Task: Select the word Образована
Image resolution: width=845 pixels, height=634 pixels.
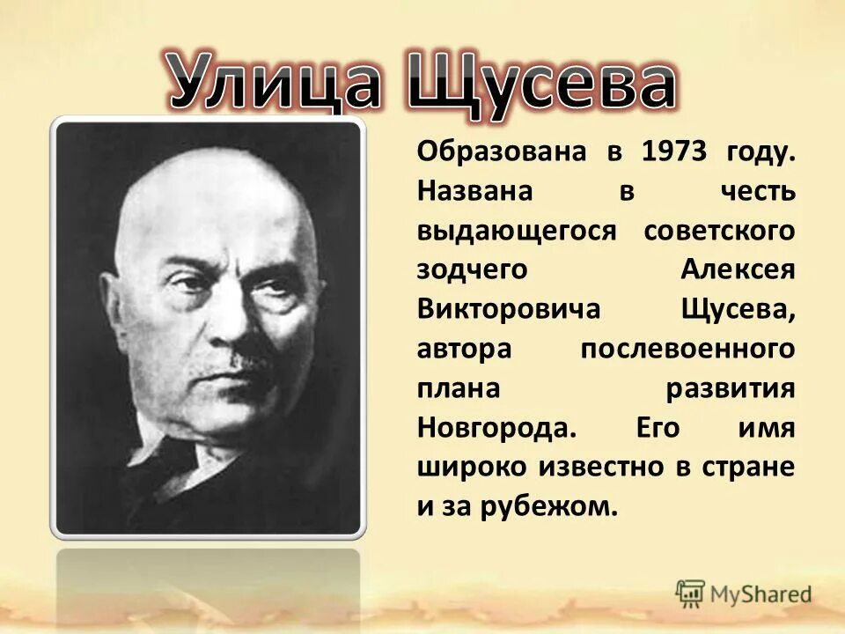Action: [489, 151]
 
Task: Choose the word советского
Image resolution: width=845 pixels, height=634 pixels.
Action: [719, 231]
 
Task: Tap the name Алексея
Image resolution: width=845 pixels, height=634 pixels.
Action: [738, 270]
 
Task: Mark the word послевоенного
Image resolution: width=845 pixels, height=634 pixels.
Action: [687, 350]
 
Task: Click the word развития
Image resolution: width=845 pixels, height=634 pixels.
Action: [731, 389]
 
